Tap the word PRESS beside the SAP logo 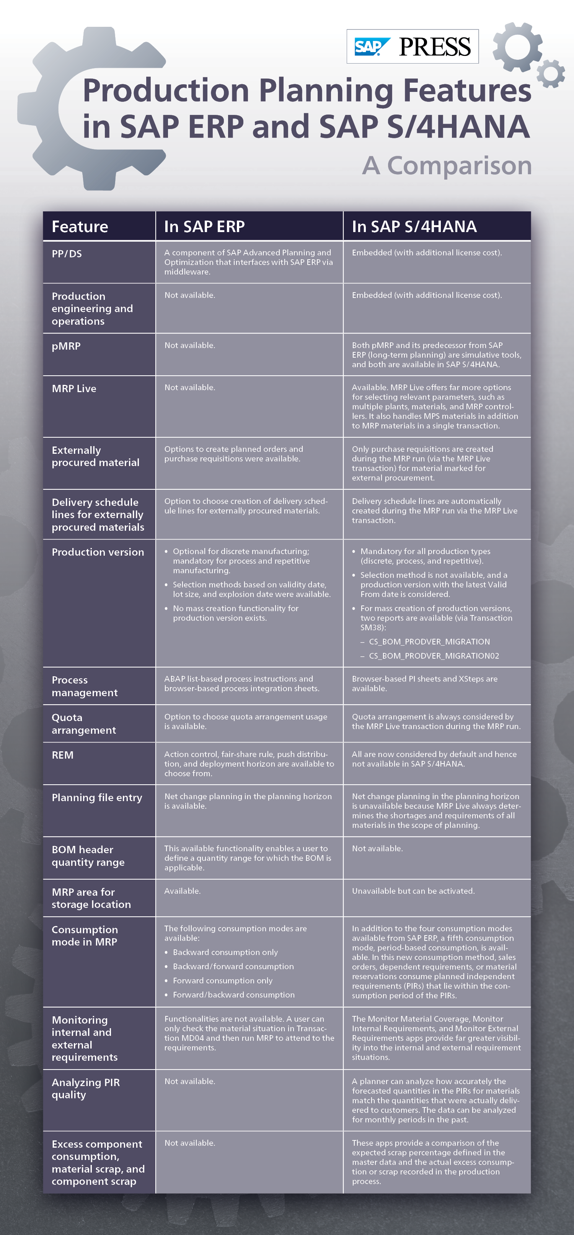pyautogui.click(x=435, y=46)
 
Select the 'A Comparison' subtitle pyautogui.click(x=447, y=165)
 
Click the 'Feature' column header pyautogui.click(x=80, y=226)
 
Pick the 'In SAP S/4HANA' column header pyautogui.click(x=414, y=226)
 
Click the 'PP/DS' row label pyautogui.click(x=67, y=254)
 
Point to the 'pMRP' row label pyautogui.click(x=66, y=346)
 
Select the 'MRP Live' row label pyautogui.click(x=74, y=388)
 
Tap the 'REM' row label pyautogui.click(x=62, y=755)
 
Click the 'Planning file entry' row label pyautogui.click(x=97, y=797)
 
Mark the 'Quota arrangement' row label pyautogui.click(x=84, y=724)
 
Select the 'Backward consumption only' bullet pyautogui.click(x=225, y=952)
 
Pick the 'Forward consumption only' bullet pyautogui.click(x=222, y=980)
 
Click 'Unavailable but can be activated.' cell pyautogui.click(x=413, y=891)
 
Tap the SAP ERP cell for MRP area pyautogui.click(x=183, y=891)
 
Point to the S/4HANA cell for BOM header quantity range pyautogui.click(x=377, y=849)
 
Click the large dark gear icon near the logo pyautogui.click(x=517, y=47)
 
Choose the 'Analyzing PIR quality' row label pyautogui.click(x=85, y=1088)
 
